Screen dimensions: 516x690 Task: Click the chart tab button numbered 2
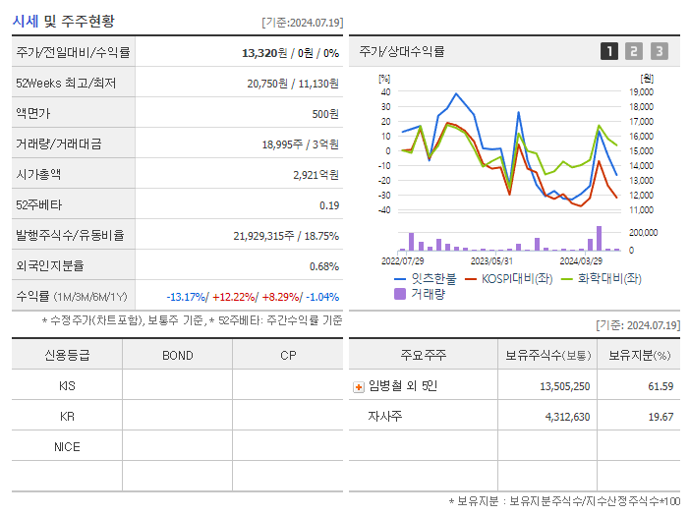click(x=634, y=51)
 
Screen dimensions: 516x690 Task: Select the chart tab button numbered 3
click(x=659, y=51)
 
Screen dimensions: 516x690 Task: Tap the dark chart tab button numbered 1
click(x=609, y=51)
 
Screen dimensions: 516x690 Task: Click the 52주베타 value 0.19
click(x=329, y=205)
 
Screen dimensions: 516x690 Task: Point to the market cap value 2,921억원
click(x=316, y=175)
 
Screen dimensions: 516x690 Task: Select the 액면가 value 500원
click(x=325, y=114)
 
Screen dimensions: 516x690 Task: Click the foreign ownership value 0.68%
click(x=323, y=266)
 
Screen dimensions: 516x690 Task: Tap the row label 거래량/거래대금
click(x=59, y=144)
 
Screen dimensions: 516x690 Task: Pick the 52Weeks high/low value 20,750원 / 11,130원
click(x=293, y=84)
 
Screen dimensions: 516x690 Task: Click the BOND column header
click(x=177, y=356)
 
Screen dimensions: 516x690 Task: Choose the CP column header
click(x=288, y=356)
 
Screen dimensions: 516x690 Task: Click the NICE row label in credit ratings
click(x=67, y=447)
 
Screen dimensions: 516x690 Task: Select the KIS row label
click(x=67, y=386)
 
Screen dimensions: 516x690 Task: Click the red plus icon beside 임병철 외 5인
click(x=358, y=387)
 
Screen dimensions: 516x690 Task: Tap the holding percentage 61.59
click(x=661, y=386)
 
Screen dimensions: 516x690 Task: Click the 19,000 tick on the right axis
click(x=641, y=91)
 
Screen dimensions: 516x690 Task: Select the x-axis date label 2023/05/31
click(x=491, y=260)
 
